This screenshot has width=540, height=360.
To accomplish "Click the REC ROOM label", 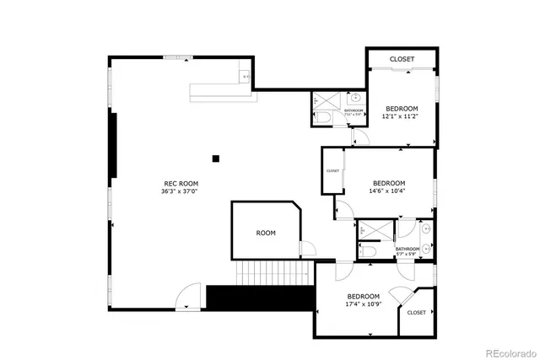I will [181, 183].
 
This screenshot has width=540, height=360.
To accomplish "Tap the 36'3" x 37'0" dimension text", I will [181, 191].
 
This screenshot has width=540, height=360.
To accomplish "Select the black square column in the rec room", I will [216, 158].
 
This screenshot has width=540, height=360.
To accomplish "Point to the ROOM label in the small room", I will [266, 233].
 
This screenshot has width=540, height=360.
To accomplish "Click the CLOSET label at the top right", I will [401, 59].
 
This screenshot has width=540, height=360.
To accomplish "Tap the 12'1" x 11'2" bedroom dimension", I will [402, 117].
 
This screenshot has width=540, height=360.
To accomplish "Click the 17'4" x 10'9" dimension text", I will [364, 304].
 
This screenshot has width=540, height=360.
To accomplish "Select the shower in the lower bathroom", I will [370, 230].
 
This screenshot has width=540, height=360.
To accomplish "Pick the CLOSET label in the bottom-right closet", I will [416, 313].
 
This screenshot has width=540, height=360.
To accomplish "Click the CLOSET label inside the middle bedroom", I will [332, 171].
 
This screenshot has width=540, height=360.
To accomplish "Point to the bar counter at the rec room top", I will [221, 89].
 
